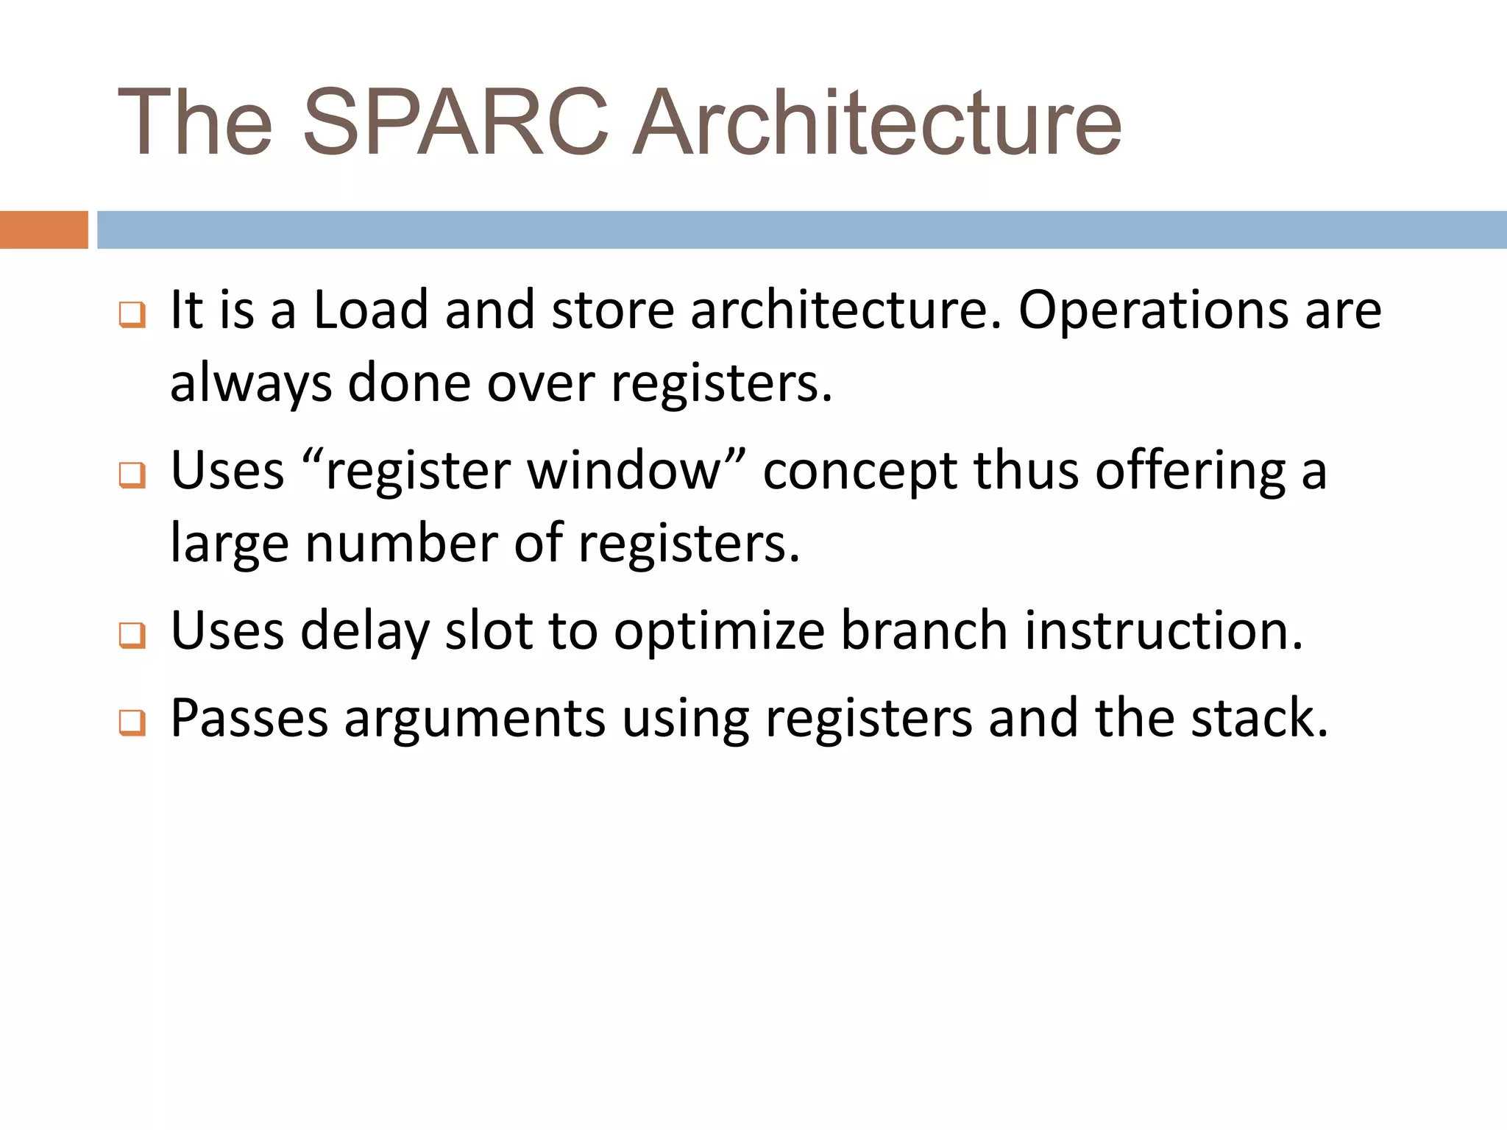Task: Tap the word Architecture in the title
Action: (877, 123)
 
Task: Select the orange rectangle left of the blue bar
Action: (43, 230)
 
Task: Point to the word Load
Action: (371, 310)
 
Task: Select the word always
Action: (250, 384)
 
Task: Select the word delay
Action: (364, 632)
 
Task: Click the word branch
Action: (923, 630)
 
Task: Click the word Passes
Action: (249, 717)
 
